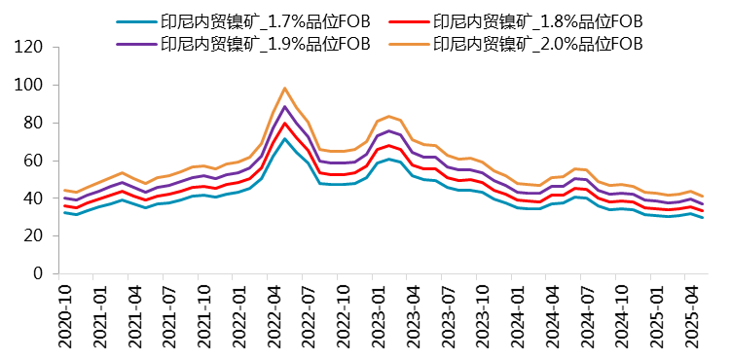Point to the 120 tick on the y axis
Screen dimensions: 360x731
point(31,48)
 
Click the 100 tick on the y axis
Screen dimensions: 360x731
point(31,86)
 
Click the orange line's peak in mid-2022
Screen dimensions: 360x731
point(284,89)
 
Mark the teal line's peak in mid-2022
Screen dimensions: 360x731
point(284,139)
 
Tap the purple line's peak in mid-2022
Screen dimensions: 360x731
point(284,106)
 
